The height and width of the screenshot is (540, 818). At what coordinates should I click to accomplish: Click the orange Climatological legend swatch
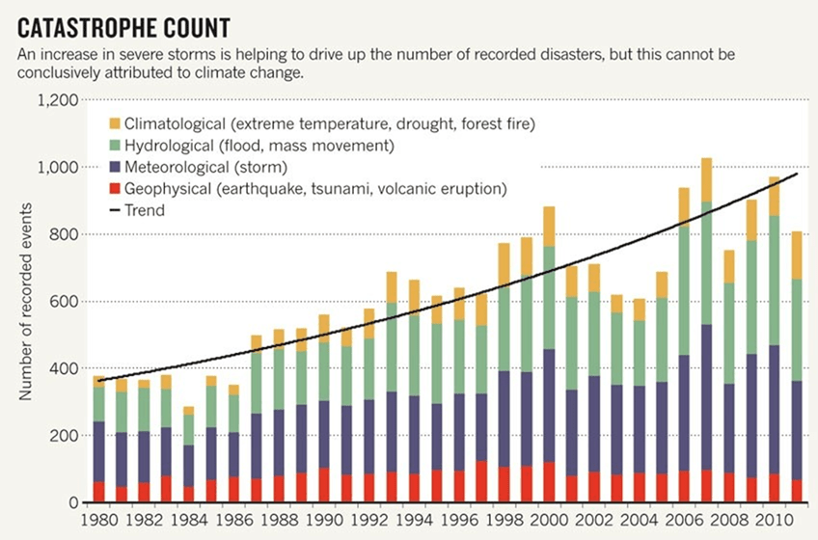115,123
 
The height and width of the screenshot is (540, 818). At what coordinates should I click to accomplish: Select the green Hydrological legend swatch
115,145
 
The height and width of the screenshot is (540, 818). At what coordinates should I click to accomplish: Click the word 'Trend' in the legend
150,209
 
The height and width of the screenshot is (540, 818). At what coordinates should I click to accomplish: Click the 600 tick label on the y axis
65,302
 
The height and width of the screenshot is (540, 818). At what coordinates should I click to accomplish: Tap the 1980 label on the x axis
98,520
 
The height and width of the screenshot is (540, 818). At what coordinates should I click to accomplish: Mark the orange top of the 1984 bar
189,411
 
